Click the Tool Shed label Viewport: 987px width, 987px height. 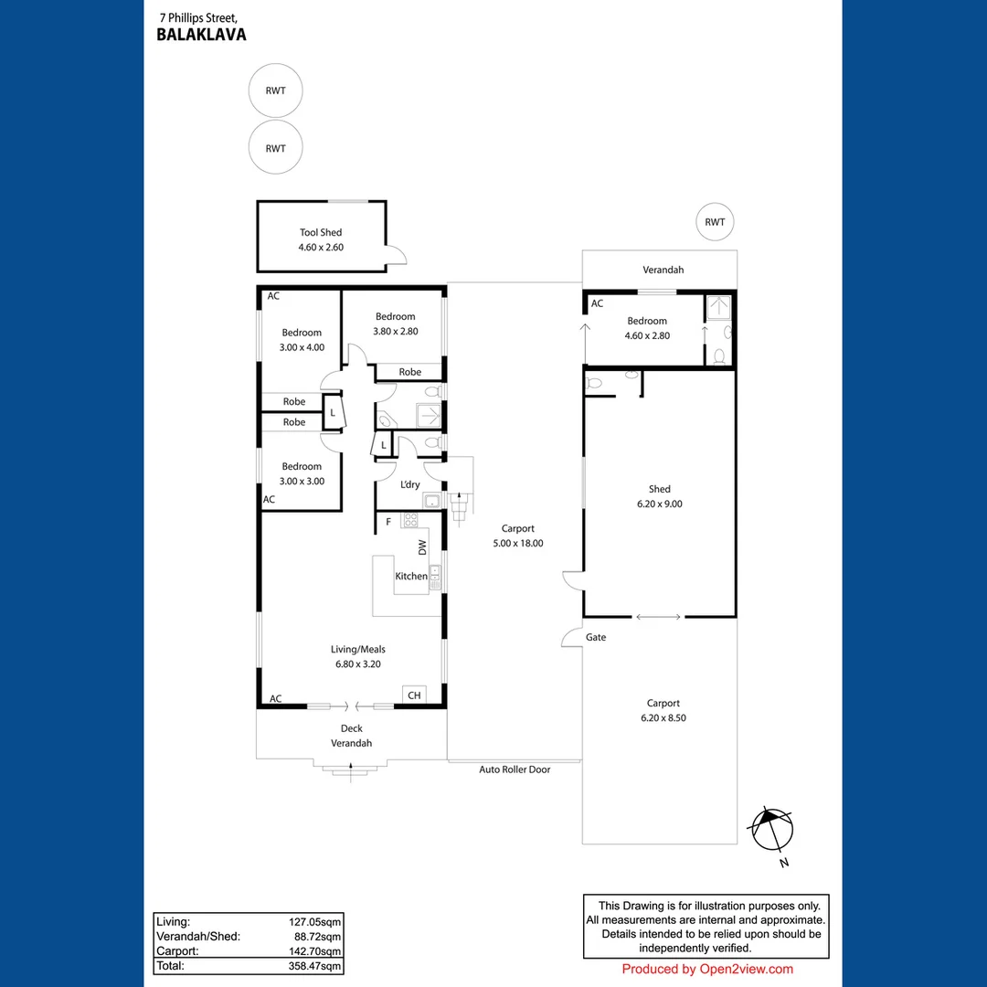coord(321,233)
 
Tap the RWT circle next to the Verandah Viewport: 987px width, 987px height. coord(715,222)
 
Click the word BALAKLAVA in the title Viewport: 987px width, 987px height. coord(201,36)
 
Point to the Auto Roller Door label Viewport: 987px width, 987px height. coord(515,769)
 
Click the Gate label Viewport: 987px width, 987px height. coord(596,637)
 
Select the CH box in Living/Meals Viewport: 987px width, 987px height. coord(414,695)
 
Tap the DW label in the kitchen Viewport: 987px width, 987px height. coord(422,547)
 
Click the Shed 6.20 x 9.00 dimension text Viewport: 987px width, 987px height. coord(659,504)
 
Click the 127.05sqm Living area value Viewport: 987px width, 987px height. coord(315,922)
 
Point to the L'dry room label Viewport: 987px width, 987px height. coord(410,484)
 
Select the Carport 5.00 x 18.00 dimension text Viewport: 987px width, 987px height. coord(518,543)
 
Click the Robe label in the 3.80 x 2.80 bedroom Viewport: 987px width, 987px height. coord(410,372)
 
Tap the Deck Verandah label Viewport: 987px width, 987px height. coord(352,736)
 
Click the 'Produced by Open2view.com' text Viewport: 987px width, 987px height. coord(707,970)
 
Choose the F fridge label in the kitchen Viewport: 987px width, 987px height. coord(388,522)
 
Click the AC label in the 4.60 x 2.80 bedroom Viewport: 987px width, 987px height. coord(597,303)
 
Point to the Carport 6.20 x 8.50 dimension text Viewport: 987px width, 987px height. coord(663,717)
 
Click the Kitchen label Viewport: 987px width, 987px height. coord(410,576)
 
